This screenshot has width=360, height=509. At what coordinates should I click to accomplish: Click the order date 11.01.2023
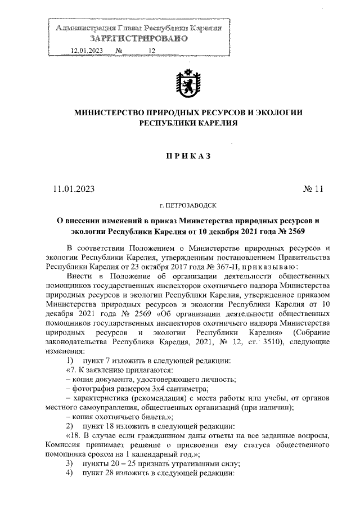[x=70, y=188]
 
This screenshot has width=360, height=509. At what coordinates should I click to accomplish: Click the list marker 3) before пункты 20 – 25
[x=69, y=463]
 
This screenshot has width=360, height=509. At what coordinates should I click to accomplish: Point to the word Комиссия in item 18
[x=66, y=445]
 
